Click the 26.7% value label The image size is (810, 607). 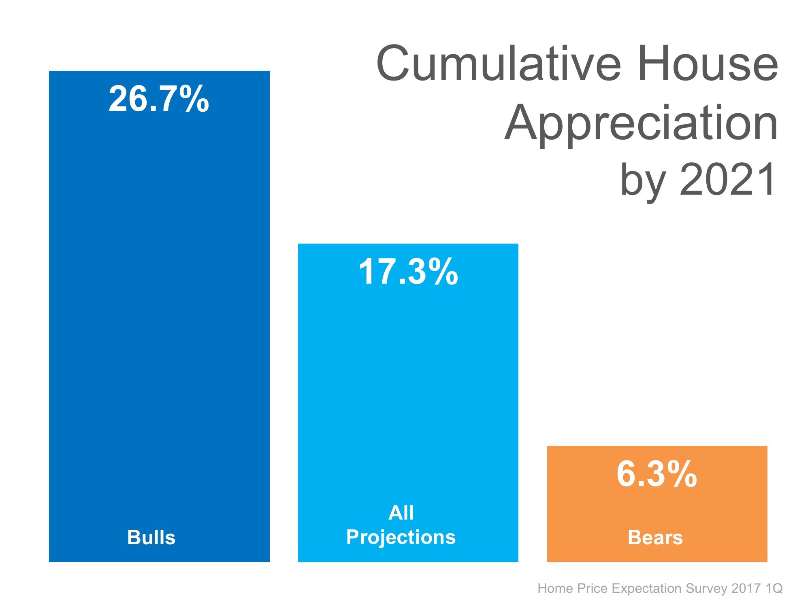point(159,99)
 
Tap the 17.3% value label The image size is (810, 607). point(408,272)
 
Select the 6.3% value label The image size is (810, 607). point(657,474)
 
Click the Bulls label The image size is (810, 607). point(151,537)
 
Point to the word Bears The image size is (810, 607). point(655,537)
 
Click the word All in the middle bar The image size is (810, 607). point(401,513)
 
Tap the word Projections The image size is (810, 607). point(401,537)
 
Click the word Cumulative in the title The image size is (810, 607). point(499,64)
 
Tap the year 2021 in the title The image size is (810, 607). point(727,179)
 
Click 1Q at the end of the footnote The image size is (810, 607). point(774,588)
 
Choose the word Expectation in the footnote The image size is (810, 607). point(646,588)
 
